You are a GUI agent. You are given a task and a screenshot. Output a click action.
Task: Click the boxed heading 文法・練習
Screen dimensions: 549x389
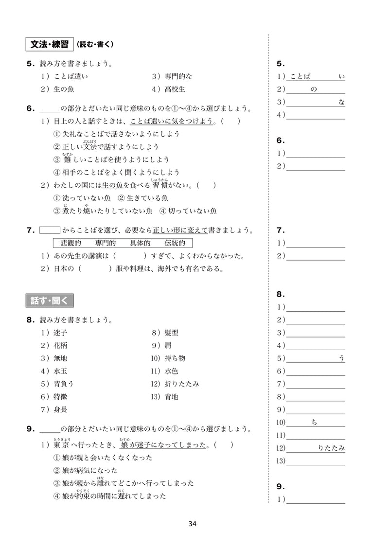[x=49, y=45]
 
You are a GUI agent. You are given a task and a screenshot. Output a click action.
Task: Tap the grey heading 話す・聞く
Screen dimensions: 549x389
[x=49, y=301]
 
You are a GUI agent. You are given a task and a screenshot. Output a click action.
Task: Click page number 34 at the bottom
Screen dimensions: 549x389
[x=192, y=524]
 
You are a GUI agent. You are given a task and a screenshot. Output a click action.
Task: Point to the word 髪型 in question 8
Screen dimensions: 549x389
[x=172, y=333]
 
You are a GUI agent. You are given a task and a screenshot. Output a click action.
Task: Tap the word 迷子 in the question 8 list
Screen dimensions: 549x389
[x=61, y=333]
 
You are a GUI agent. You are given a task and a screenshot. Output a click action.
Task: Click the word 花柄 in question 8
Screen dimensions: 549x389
[x=61, y=346]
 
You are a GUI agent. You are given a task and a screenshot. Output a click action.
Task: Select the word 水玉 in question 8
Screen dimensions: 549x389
[x=61, y=371]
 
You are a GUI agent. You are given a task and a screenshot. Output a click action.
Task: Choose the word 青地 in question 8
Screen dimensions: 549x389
[x=172, y=396]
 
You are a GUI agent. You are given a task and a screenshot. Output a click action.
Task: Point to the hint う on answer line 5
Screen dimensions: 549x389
[x=341, y=358]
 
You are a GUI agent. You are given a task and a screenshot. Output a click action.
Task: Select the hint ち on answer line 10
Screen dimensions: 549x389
[x=314, y=423]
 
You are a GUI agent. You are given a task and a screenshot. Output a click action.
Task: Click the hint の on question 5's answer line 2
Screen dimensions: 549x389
[x=313, y=89]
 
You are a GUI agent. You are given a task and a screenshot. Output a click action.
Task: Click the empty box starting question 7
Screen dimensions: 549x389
[x=49, y=230]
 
